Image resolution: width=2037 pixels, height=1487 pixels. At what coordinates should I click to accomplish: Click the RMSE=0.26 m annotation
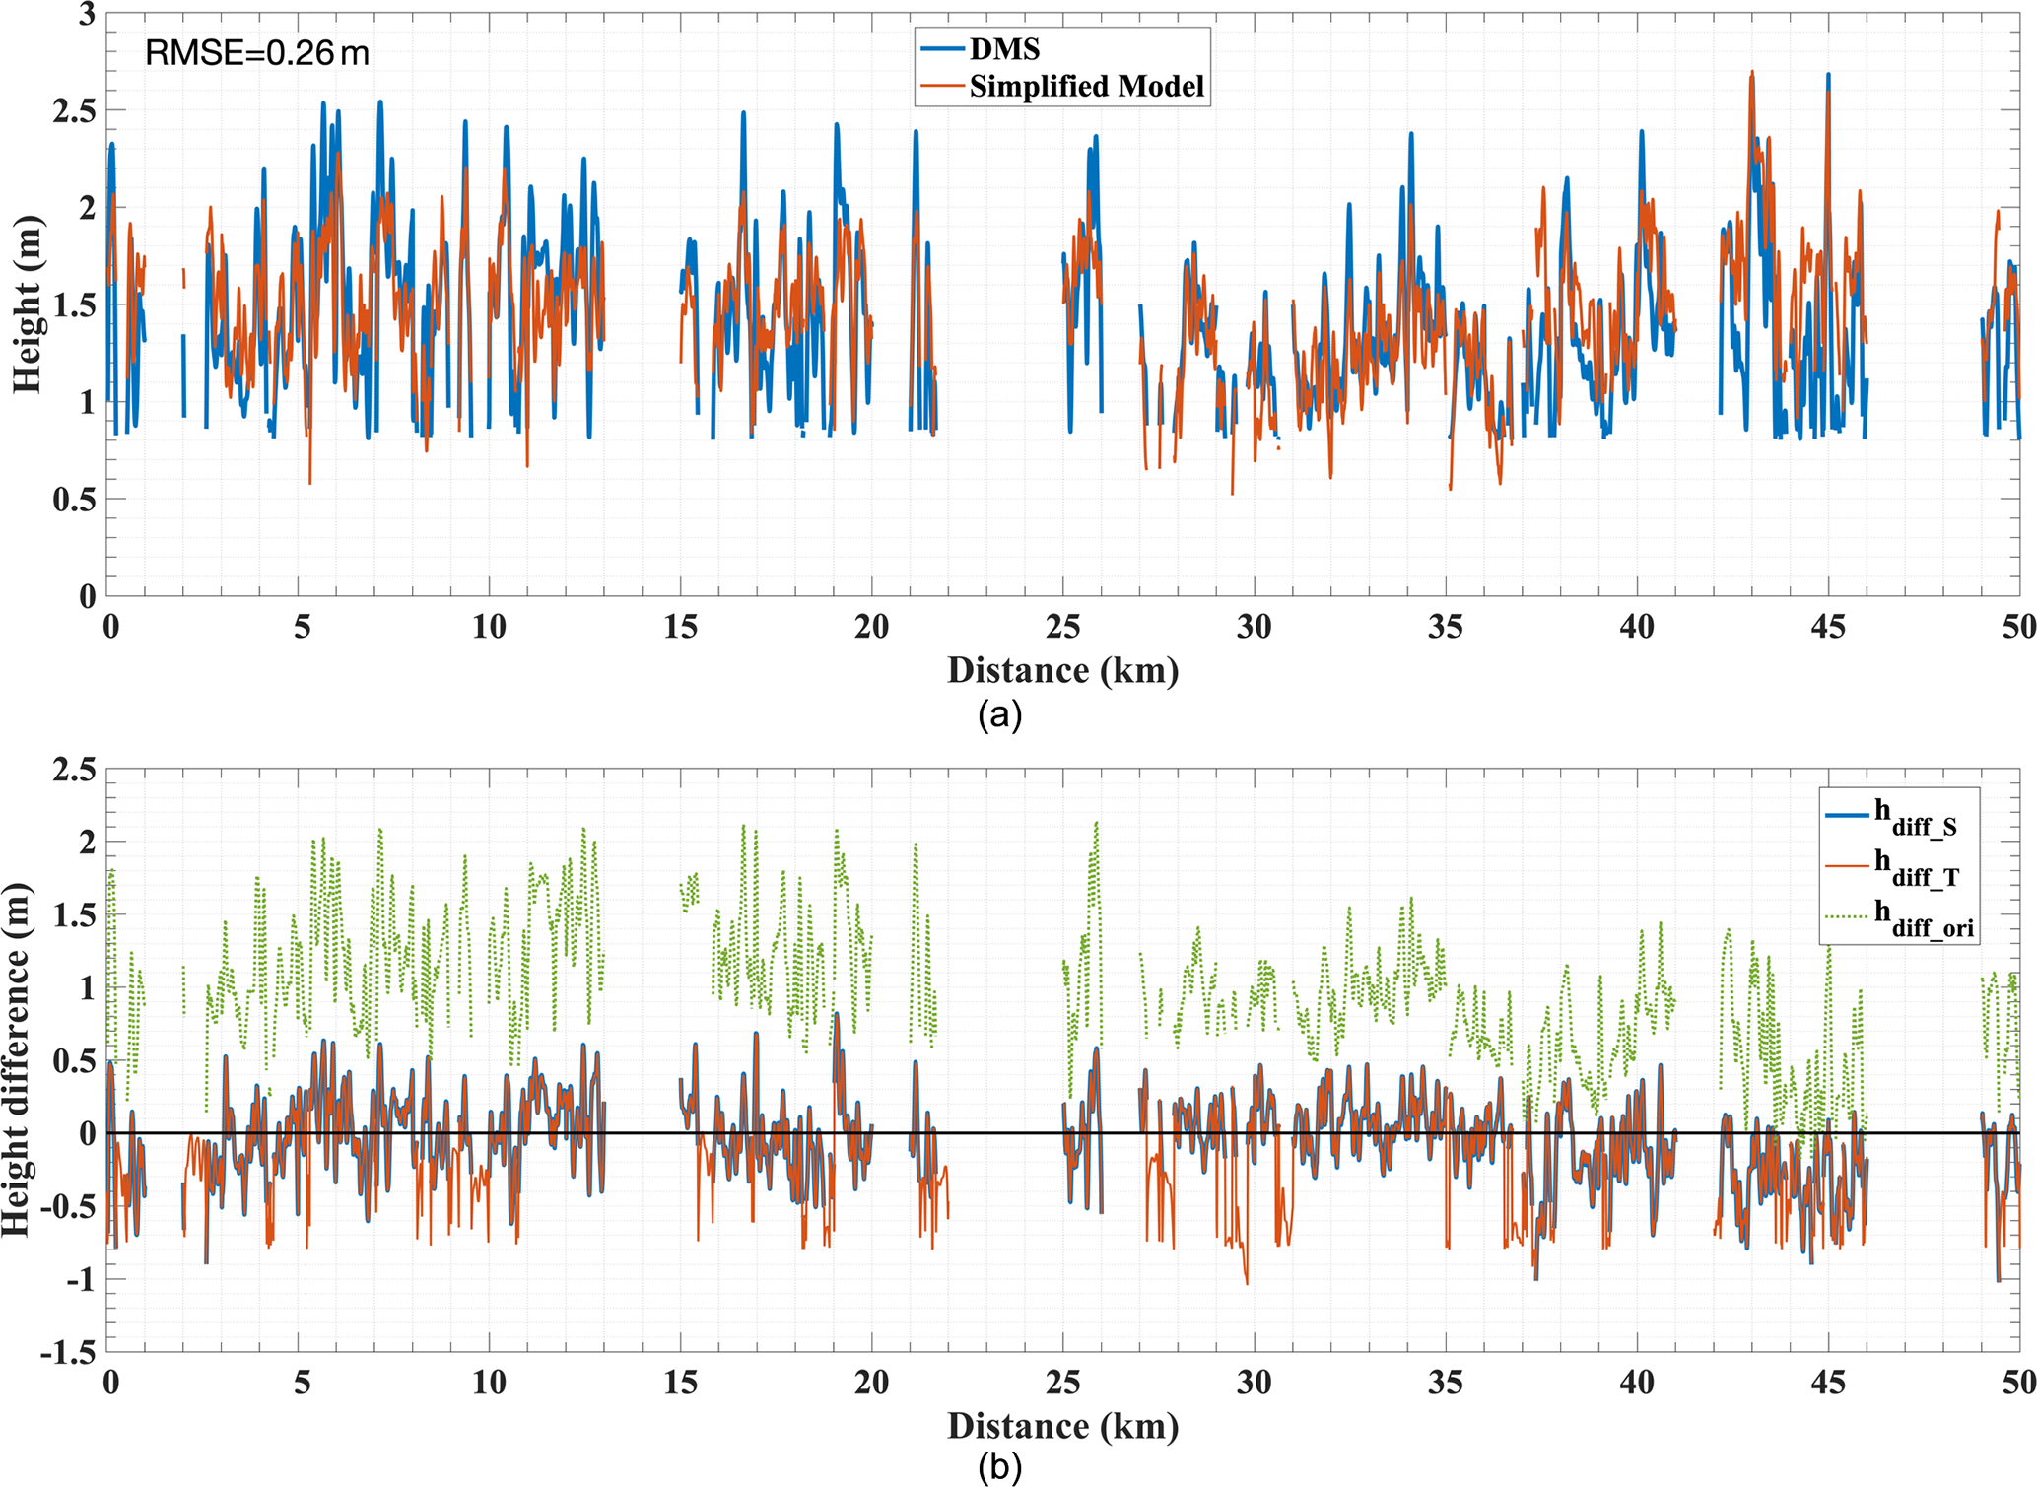(257, 52)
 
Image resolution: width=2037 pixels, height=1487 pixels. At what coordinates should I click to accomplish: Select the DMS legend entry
(1003, 48)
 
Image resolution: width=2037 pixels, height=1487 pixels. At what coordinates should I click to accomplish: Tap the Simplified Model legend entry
(1086, 87)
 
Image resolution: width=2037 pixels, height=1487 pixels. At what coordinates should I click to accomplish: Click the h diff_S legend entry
(1915, 816)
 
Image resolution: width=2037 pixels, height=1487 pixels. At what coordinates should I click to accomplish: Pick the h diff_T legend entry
(1915, 866)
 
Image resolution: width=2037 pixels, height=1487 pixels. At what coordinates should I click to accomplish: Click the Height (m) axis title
(27, 304)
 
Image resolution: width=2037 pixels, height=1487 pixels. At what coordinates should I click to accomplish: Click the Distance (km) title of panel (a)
(1062, 670)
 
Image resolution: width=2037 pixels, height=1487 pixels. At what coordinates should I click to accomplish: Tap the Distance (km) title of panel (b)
(1062, 1426)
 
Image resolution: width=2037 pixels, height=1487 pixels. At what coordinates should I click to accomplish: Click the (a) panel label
(999, 714)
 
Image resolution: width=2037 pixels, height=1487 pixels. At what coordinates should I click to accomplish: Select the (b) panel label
(999, 1468)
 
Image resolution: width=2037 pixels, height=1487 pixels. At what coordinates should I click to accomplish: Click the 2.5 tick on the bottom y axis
(75, 770)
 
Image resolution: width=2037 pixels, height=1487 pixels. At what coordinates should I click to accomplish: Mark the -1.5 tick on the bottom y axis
(68, 1353)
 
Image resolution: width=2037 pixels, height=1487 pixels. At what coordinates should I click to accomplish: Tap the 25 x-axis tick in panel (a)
(1062, 627)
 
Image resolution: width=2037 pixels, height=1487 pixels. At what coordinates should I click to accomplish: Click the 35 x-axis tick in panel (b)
(1445, 1383)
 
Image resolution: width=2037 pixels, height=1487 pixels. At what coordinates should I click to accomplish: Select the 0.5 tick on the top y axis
(75, 499)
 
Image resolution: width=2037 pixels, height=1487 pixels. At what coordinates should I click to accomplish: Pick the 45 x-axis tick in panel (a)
(1827, 627)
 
